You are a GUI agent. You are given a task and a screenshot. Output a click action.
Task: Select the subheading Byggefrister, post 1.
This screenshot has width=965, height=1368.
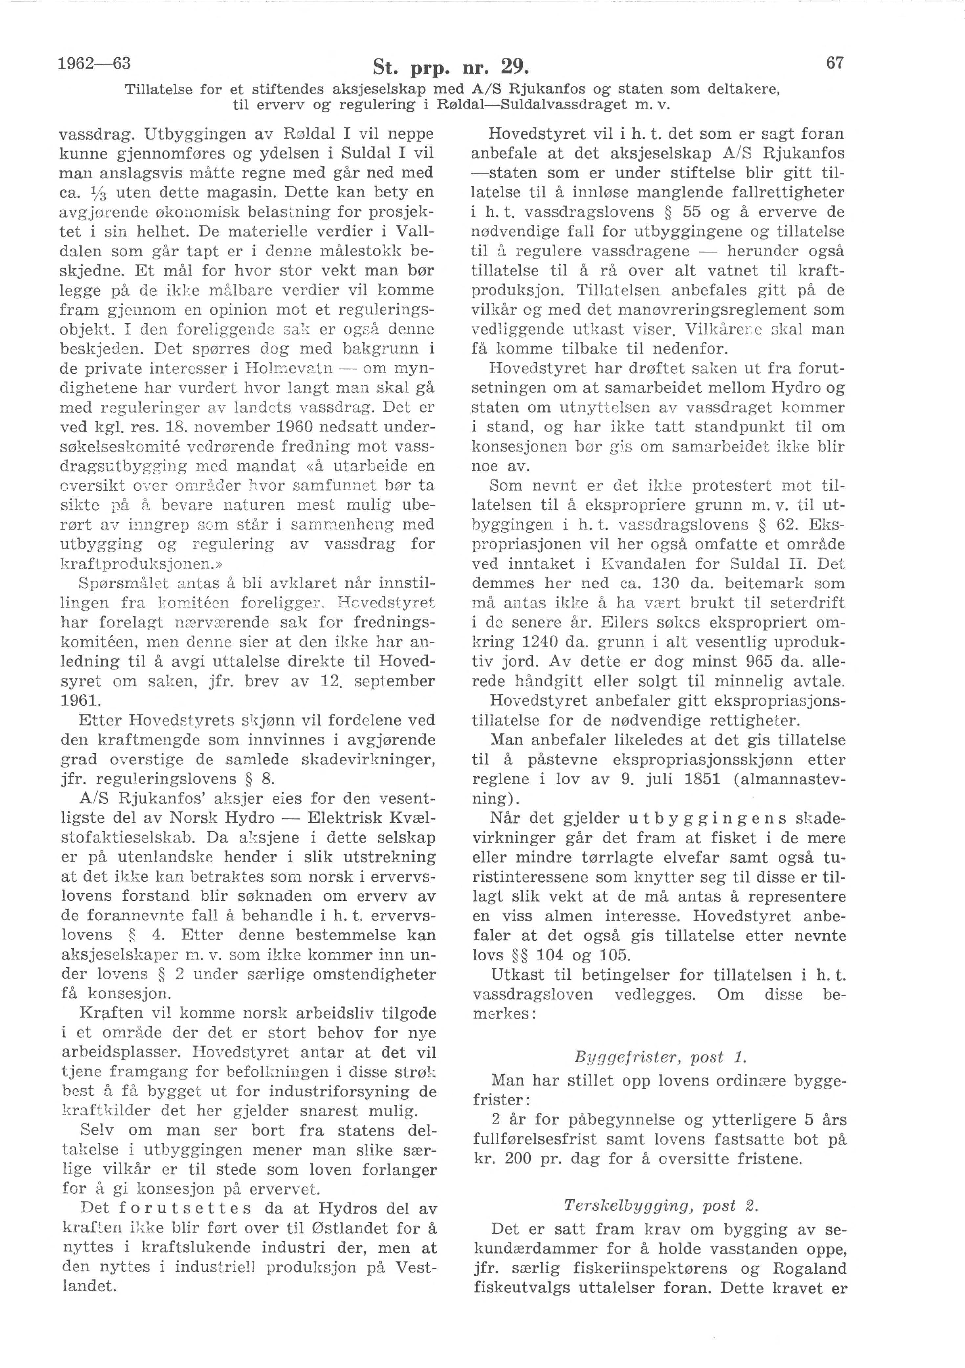click(659, 1058)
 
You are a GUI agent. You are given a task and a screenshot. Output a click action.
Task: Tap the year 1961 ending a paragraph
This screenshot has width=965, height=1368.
click(82, 701)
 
